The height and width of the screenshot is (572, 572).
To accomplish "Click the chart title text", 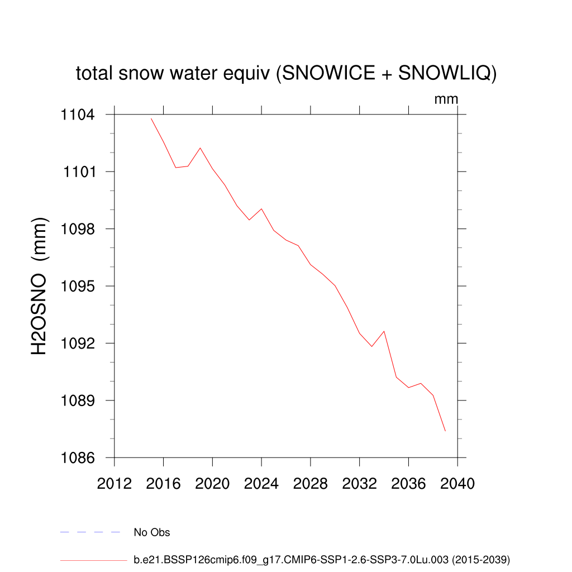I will tap(286, 73).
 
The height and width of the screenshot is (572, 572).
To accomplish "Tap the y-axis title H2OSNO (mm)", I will tap(39, 287).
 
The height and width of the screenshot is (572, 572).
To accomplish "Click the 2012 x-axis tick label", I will tap(115, 484).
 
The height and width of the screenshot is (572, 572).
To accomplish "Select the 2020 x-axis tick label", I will tap(212, 484).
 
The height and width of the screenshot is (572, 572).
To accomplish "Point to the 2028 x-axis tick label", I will tap(311, 484).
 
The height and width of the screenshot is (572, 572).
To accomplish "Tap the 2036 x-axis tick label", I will tap(408, 484).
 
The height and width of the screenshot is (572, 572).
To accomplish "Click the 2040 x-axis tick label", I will tap(457, 484).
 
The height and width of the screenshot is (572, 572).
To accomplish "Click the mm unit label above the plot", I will tap(446, 99).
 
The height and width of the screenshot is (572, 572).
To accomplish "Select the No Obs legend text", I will tap(152, 532).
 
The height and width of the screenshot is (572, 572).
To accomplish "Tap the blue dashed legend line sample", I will tap(90, 532).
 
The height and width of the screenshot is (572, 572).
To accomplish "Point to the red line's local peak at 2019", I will tap(200, 148).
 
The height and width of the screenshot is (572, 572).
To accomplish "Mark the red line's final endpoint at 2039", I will tap(445, 431).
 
